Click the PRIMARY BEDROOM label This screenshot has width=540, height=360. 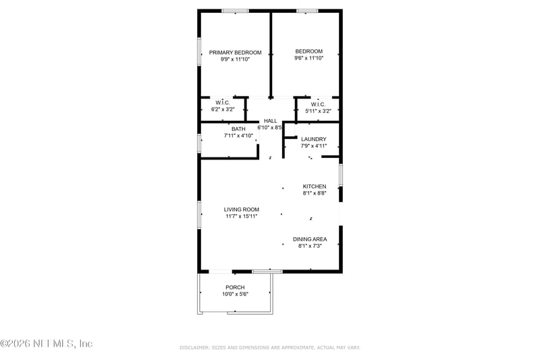[234, 52]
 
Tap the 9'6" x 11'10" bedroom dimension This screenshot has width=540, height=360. [308, 59]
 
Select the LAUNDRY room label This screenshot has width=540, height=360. [314, 139]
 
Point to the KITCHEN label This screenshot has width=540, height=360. [314, 186]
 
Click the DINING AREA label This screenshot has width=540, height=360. [310, 239]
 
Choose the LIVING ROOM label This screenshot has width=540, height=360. [242, 209]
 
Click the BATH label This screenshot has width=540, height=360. [238, 129]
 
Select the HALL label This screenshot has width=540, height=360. [270, 121]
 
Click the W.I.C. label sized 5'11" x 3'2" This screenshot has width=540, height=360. [319, 105]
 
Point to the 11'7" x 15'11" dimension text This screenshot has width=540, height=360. [242, 216]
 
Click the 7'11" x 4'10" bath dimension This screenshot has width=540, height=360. [238, 136]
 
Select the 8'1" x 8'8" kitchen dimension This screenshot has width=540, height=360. [314, 193]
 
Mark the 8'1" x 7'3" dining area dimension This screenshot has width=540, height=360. [310, 246]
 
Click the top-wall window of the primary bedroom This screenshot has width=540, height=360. [236, 11]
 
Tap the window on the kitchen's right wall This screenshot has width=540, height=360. [340, 174]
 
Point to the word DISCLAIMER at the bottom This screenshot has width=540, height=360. [195, 347]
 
